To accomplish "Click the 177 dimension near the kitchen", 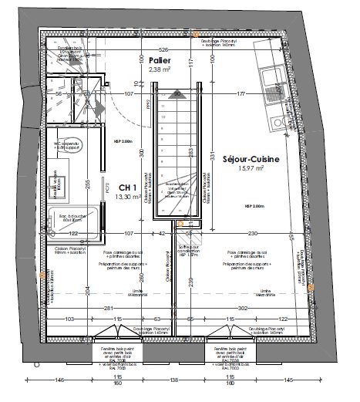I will (x=241, y=94).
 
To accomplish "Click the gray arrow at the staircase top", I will (x=177, y=94).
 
